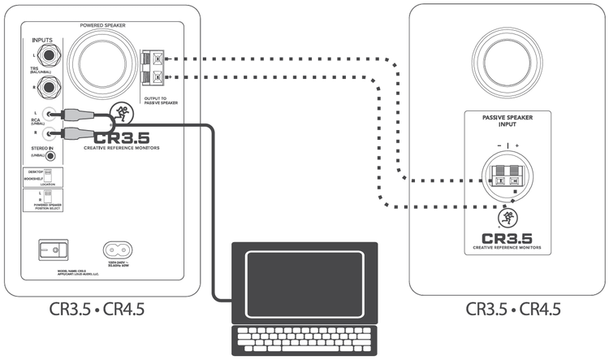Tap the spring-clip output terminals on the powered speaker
pyautogui.click(x=153, y=67)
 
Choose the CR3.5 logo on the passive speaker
pyautogui.click(x=507, y=240)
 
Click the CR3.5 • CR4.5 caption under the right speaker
pyautogui.click(x=513, y=309)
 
